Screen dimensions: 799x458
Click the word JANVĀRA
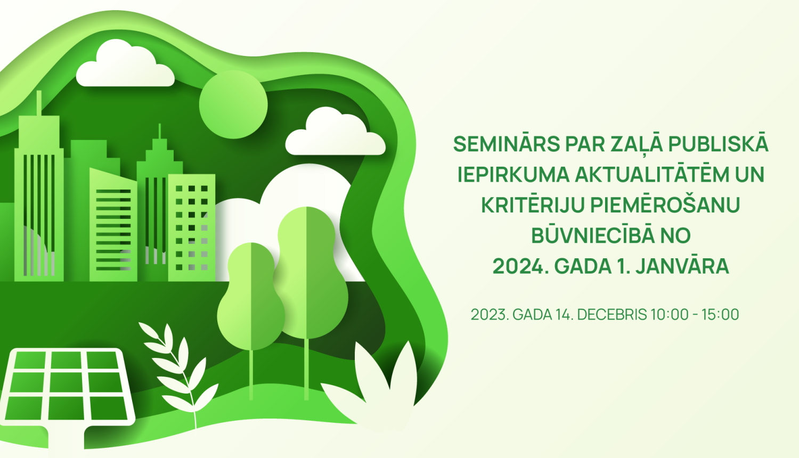[682, 266]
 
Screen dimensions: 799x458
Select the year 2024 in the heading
[518, 266]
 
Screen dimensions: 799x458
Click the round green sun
[233, 104]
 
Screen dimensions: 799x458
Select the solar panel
[66, 387]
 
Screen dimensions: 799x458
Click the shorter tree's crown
[251, 296]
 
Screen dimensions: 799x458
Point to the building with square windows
[192, 227]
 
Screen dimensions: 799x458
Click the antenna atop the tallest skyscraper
[39, 103]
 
